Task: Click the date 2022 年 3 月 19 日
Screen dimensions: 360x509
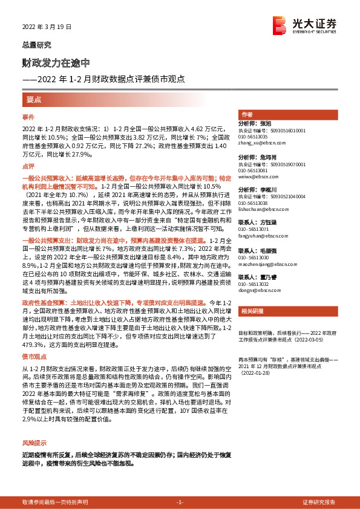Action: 47,27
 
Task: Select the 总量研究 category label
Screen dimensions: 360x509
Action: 37,45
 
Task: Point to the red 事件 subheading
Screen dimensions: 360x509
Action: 28,116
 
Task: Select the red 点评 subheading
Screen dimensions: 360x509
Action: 28,165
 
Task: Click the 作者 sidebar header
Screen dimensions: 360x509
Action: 246,114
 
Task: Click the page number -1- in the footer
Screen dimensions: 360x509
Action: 180,502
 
